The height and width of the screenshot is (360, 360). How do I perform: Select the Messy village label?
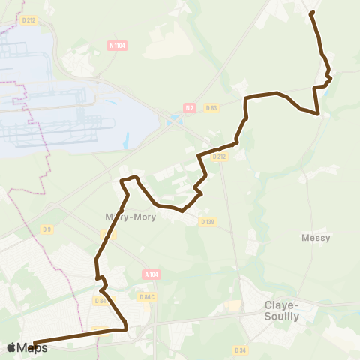316,237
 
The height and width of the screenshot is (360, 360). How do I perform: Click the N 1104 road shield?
117,46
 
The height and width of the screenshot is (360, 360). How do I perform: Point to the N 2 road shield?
190,108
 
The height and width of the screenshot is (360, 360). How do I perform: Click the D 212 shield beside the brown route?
219,157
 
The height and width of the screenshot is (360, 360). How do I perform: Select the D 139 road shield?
208,221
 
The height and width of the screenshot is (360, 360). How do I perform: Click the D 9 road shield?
47,229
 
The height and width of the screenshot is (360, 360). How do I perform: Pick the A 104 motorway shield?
152,274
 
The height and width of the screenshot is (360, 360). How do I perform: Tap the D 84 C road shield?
147,297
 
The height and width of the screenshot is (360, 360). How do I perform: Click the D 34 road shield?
240,349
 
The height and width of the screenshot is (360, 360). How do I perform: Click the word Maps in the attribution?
27,347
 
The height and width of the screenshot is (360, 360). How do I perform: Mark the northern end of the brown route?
311,13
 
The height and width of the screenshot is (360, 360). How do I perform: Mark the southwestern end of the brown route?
34,344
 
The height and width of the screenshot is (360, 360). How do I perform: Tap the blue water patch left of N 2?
174,118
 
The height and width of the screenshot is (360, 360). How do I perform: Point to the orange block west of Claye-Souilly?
235,306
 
